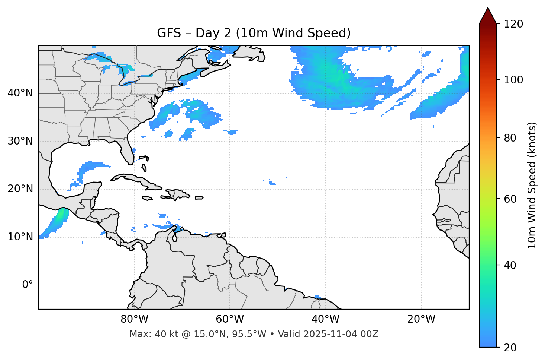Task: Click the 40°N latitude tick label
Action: pos(20,93)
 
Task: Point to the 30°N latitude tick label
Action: pos(20,141)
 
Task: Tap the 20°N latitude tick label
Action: pos(20,189)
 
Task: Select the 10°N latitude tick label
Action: pos(20,237)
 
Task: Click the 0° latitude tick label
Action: pos(28,285)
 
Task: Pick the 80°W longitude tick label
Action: pos(134,319)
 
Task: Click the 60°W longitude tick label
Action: pos(230,319)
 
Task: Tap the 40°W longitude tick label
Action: pos(325,319)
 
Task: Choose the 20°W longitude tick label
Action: pos(421,319)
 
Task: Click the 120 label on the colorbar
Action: pos(513,24)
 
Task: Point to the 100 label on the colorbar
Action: pos(513,80)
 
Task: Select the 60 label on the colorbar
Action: pos(510,199)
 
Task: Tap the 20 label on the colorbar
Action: pos(510,348)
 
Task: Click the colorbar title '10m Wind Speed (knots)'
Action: pos(532,185)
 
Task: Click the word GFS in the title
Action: pos(169,33)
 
